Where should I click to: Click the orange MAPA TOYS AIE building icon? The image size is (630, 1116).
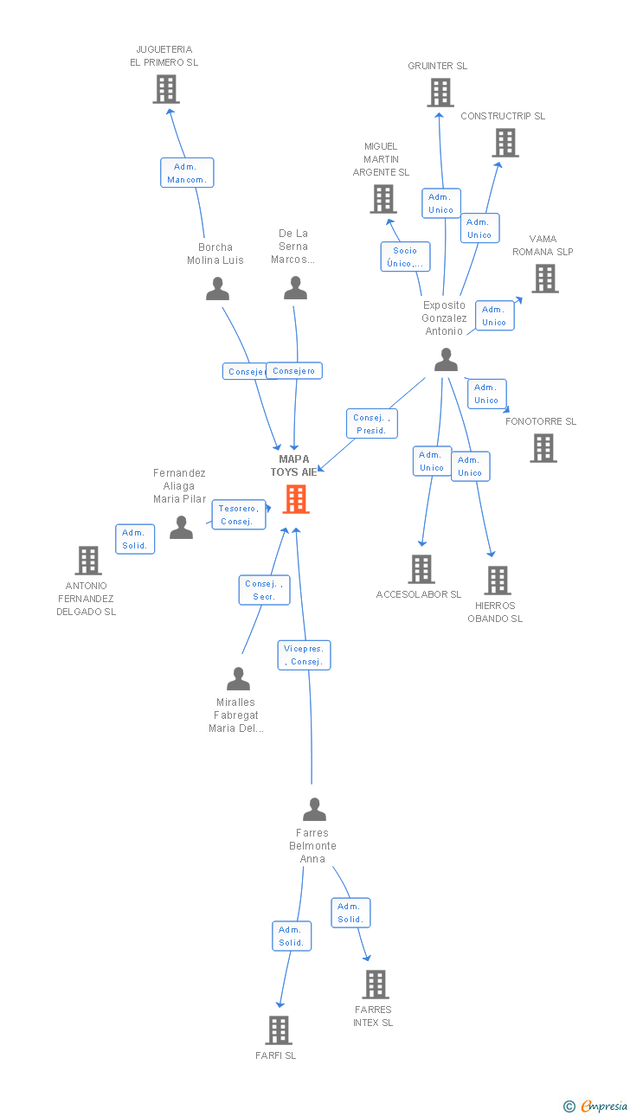click(296, 499)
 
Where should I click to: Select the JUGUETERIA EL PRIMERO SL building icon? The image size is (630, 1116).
click(166, 89)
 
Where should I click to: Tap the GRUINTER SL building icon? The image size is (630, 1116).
click(440, 93)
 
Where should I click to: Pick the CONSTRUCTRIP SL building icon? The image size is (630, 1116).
click(505, 143)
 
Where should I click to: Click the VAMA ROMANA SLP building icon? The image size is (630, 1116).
click(545, 278)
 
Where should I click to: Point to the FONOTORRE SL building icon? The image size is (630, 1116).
click(543, 448)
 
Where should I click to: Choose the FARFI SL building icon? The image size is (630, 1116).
click(279, 1029)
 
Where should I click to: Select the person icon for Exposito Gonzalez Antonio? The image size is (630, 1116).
click(446, 360)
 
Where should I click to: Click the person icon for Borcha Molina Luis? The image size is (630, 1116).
click(217, 288)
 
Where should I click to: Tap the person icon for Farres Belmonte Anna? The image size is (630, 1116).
click(314, 809)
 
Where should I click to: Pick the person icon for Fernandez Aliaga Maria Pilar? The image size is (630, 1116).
click(181, 527)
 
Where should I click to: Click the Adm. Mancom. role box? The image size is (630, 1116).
click(187, 173)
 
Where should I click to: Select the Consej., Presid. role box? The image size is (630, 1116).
click(372, 424)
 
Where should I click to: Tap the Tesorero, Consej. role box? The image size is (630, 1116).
click(239, 515)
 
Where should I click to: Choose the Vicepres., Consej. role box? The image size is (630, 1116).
click(304, 655)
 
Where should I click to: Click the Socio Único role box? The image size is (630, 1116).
click(405, 257)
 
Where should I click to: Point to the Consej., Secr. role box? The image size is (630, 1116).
click(264, 590)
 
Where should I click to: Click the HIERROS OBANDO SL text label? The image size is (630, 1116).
click(495, 612)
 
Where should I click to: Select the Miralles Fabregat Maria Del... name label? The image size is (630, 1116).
click(236, 715)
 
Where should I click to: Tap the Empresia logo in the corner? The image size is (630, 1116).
click(596, 1106)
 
